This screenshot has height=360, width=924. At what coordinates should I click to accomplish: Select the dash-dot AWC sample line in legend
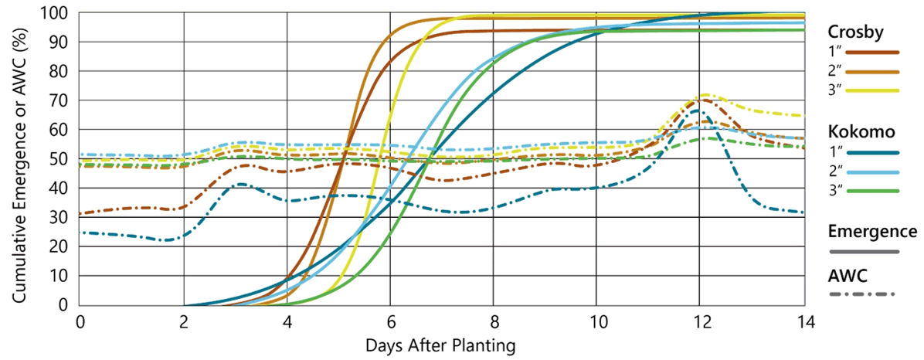pos(861,294)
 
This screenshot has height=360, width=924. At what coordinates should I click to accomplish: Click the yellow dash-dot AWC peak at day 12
pos(704,95)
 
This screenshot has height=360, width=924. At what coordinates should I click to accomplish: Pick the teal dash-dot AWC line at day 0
pos(82,233)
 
